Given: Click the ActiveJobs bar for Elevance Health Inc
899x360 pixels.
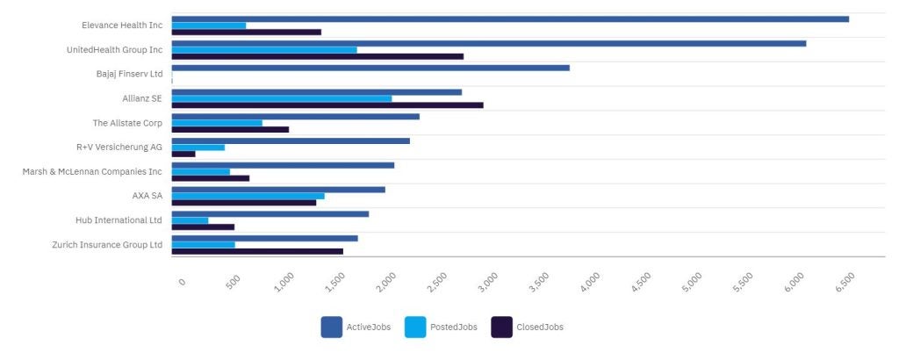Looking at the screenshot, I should point(509,18).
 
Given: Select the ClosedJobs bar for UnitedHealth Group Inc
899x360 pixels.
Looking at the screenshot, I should point(317,56).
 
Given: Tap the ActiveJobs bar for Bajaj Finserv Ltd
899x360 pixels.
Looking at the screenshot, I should point(370,68).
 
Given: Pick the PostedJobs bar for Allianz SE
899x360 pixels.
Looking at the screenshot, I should point(281,98).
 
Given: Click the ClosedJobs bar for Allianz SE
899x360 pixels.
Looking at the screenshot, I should point(327,105).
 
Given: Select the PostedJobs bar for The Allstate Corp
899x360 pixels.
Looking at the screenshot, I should point(217,123).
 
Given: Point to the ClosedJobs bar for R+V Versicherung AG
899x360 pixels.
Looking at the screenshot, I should point(183,154).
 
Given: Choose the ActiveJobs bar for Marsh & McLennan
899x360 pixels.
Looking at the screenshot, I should point(283,165).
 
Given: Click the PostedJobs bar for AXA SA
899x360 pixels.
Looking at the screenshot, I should point(248,196).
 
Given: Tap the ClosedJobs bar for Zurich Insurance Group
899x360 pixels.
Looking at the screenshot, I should point(257,251).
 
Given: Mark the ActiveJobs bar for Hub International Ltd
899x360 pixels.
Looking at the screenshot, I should point(270,213).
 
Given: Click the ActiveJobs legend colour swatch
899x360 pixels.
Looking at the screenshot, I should point(331,327).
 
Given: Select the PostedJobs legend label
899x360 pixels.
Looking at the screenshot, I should point(453,327).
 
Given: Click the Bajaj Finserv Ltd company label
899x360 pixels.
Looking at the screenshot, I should point(129,74).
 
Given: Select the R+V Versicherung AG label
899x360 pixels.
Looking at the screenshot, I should point(119,147).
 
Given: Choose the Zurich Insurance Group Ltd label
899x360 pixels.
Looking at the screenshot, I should point(107,244).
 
